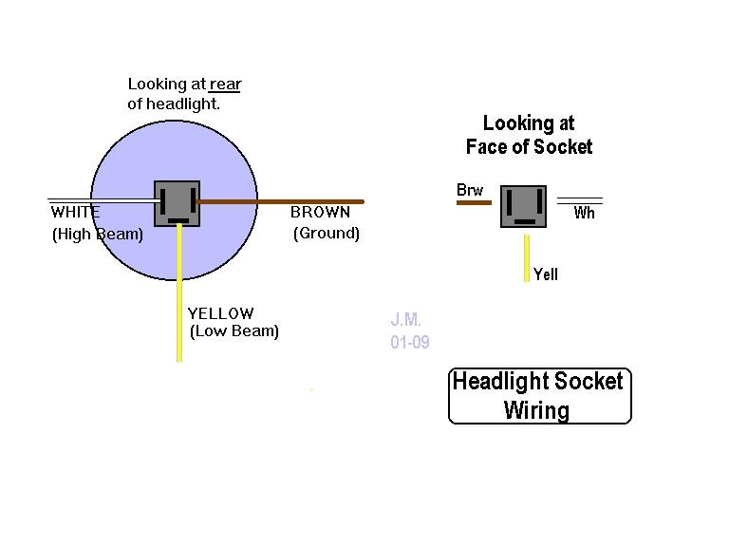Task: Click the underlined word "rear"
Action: [x=225, y=85]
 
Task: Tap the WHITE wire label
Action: [x=75, y=212]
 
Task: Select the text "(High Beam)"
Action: [x=98, y=234]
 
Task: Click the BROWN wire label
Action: [x=320, y=212]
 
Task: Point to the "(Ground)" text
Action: [x=327, y=233]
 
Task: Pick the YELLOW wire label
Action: [x=221, y=313]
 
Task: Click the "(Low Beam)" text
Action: [x=234, y=331]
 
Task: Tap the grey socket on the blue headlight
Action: [x=178, y=204]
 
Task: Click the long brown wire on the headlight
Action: [x=280, y=202]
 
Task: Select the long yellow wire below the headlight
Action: [x=179, y=293]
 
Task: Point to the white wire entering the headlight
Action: [x=103, y=200]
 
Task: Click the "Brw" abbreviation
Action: [x=470, y=190]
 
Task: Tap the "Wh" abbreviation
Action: [x=585, y=213]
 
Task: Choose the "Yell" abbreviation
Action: [x=546, y=274]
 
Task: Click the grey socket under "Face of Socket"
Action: [x=524, y=206]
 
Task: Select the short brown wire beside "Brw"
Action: [x=475, y=203]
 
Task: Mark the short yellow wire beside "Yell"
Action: [x=527, y=258]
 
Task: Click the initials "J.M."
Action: [x=406, y=319]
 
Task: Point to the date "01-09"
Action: [x=410, y=342]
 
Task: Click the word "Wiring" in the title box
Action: [x=537, y=410]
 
